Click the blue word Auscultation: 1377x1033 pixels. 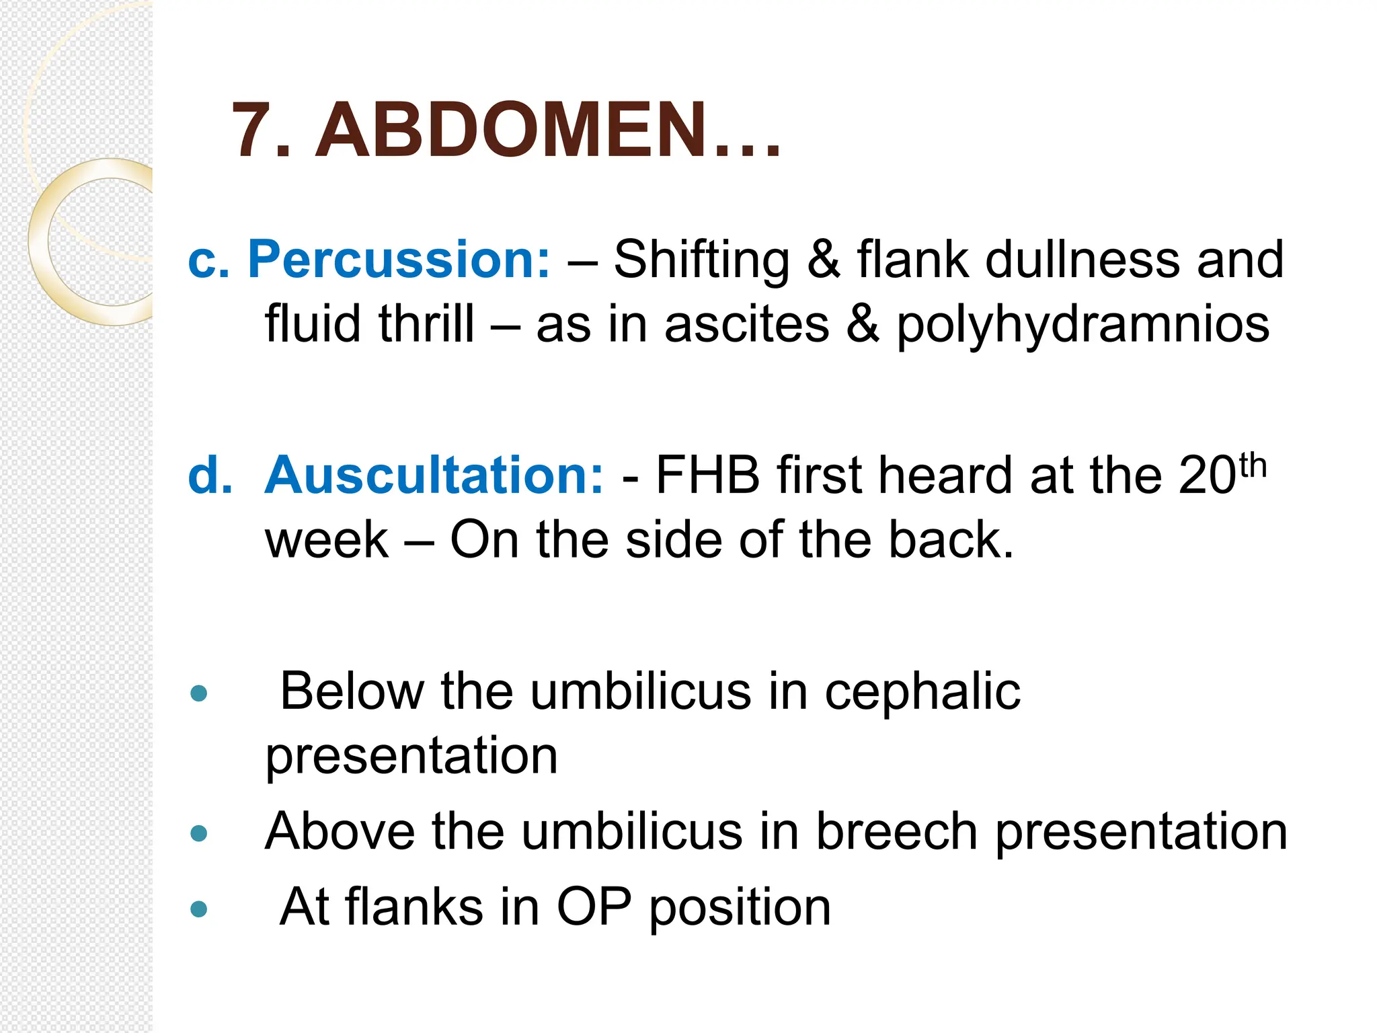[x=434, y=475]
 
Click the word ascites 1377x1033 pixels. [x=746, y=324]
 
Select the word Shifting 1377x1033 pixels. [x=701, y=260]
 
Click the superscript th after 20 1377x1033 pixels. [x=1253, y=465]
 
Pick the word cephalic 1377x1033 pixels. [x=922, y=692]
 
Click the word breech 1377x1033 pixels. [x=896, y=832]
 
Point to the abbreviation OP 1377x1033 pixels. [x=594, y=907]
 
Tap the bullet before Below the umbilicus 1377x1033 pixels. [x=199, y=693]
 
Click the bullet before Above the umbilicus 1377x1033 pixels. [x=199, y=834]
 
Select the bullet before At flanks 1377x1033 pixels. [x=199, y=909]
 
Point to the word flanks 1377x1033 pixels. [x=414, y=907]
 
